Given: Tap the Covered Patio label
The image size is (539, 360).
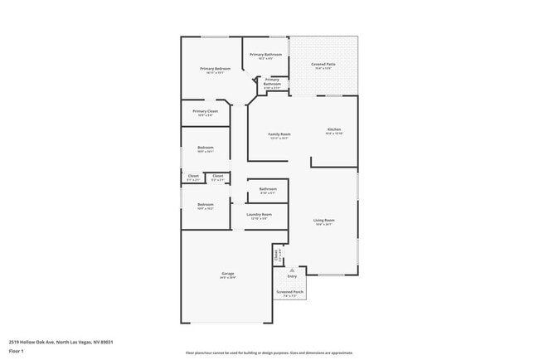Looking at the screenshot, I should (x=323, y=64).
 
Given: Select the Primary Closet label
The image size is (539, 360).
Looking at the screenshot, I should (x=205, y=111).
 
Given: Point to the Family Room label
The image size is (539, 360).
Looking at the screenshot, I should (x=279, y=134).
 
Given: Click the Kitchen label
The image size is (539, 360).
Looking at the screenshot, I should (x=334, y=129).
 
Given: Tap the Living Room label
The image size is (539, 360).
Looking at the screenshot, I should (x=323, y=220).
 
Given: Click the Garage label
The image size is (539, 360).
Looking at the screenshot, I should (x=227, y=275).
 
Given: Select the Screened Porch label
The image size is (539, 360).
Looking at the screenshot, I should (x=290, y=292).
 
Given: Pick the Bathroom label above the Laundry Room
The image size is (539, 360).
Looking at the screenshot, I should (x=268, y=189).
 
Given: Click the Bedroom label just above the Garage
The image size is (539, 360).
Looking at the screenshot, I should (x=206, y=204).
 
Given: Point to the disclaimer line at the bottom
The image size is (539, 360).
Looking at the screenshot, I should (x=269, y=353).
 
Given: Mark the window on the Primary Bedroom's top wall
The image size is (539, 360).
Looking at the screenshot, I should (x=216, y=36).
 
